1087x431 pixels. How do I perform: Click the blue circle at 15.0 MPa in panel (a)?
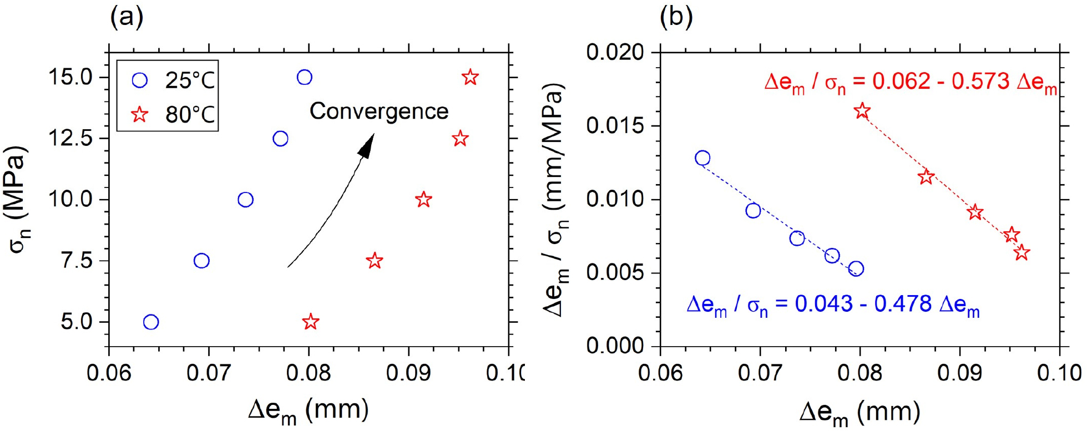click(x=304, y=77)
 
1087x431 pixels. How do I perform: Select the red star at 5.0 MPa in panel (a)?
click(x=311, y=322)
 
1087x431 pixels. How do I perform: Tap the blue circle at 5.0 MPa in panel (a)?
click(x=151, y=322)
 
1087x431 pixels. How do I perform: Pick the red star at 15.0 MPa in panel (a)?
click(x=470, y=77)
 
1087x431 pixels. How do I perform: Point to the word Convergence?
click(x=379, y=111)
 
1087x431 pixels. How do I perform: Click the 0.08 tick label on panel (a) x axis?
click(x=309, y=373)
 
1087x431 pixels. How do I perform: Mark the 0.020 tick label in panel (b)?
click(x=615, y=53)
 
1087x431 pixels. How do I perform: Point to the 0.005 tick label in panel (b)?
click(x=615, y=273)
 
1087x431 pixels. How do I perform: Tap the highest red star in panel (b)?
click(x=862, y=111)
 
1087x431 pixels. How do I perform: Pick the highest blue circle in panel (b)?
click(x=702, y=158)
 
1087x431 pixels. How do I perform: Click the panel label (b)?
click(x=676, y=17)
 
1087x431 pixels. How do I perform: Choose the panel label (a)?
click(x=127, y=17)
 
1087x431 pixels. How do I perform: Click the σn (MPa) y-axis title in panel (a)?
click(x=18, y=200)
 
